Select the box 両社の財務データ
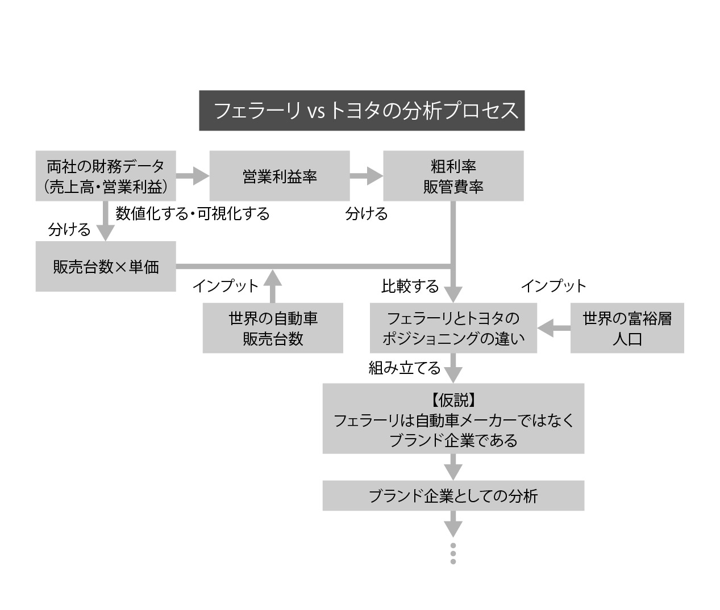coord(106,176)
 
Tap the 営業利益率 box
coord(280,176)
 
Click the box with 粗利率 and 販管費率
coord(453,176)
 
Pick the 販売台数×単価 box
coord(106,266)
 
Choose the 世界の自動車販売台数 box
coord(273,328)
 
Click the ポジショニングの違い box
coord(453,328)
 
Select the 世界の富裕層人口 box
coord(627,328)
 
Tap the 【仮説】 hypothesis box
coord(453,418)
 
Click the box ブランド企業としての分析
coord(453,495)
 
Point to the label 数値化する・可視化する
coord(193,213)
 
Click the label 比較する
coord(410,286)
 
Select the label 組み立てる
coord(405,368)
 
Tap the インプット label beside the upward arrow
coord(226,286)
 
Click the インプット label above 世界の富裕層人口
coord(553,286)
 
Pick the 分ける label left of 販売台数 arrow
coord(69,230)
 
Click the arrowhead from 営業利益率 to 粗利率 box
coord(375,176)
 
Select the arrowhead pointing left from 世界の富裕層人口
coord(545,328)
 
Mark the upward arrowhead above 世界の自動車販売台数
coord(272,277)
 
